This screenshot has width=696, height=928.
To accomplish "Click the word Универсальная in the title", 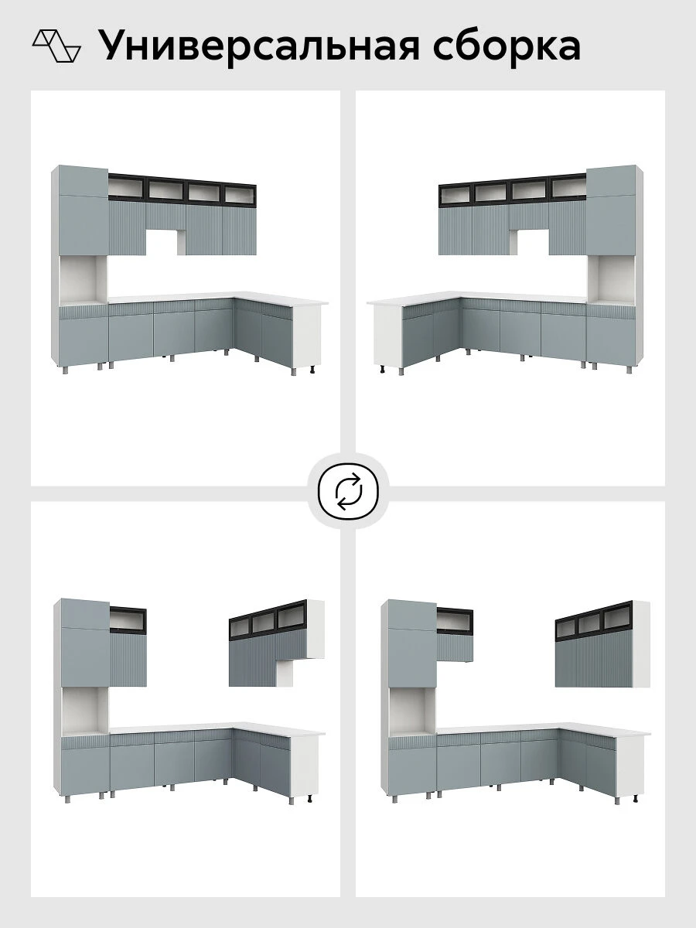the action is tap(258, 46).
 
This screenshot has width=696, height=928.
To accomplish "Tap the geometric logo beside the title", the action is tap(56, 46).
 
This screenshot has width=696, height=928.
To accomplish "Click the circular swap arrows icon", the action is tap(348, 491).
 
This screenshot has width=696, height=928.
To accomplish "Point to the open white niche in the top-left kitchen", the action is tap(84, 279).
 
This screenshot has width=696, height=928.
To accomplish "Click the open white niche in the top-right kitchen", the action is tap(612, 279).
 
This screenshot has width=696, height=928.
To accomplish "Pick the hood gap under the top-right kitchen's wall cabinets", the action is tap(530, 242).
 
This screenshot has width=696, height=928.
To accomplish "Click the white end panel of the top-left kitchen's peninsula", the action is tap(307, 336).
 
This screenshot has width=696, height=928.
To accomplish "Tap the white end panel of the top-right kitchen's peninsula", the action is tap(388, 336).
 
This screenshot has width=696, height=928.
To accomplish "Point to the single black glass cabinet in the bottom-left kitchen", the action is tap(128, 619).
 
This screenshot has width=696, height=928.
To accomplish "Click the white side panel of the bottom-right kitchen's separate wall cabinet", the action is tap(642, 643).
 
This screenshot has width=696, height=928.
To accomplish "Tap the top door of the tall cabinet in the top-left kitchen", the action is tap(84, 181).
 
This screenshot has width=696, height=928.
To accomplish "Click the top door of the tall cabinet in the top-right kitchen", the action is tap(612, 181).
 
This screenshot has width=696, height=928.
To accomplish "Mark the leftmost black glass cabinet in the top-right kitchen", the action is tap(456, 195).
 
